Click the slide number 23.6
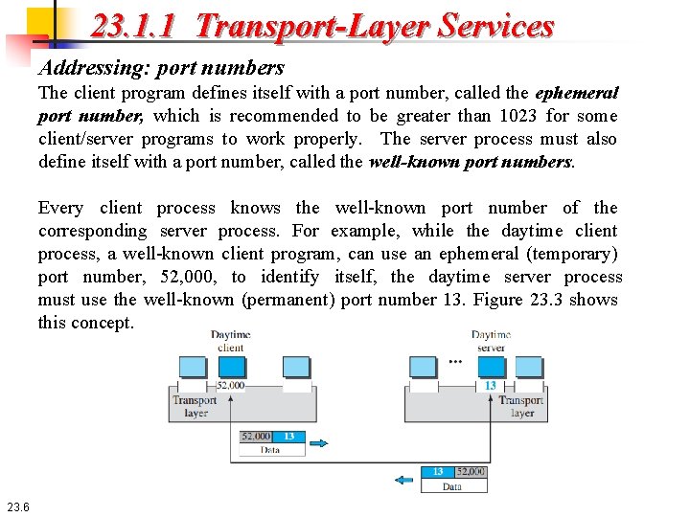(18, 506)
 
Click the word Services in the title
(495, 25)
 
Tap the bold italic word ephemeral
(576, 93)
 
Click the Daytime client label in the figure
(231, 341)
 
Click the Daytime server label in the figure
(491, 341)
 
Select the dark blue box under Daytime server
(490, 367)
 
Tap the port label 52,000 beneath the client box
(230, 385)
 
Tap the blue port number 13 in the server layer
(490, 385)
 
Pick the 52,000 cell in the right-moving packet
(255, 437)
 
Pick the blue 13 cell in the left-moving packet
(438, 472)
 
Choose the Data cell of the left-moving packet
(452, 486)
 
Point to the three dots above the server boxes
(455, 362)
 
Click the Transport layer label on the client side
(195, 406)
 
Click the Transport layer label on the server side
(522, 406)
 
